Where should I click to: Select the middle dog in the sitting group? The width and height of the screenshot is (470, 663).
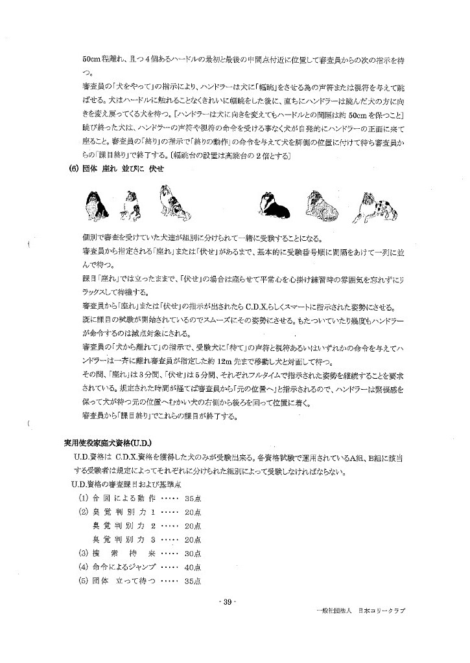[133, 205]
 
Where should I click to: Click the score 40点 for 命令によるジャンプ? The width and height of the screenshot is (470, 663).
[193, 567]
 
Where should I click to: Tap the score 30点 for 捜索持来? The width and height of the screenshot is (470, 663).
[193, 553]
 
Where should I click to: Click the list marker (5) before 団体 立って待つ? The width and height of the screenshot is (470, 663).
[82, 580]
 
